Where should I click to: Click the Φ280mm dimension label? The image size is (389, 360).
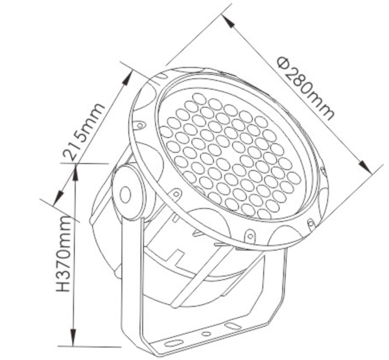click(306, 88)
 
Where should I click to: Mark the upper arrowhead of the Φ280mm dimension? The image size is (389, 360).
click(228, 21)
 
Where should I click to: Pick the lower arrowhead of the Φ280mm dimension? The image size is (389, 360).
click(365, 167)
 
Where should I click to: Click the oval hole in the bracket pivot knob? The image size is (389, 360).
click(125, 194)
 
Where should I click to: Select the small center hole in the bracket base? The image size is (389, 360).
click(206, 334)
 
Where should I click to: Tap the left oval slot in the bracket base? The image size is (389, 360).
click(174, 344)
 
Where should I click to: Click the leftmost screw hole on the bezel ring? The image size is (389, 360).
click(140, 125)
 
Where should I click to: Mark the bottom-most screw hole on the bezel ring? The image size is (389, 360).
click(250, 236)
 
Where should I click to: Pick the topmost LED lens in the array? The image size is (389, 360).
click(199, 99)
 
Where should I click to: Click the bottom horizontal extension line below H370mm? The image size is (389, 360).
click(89, 346)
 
